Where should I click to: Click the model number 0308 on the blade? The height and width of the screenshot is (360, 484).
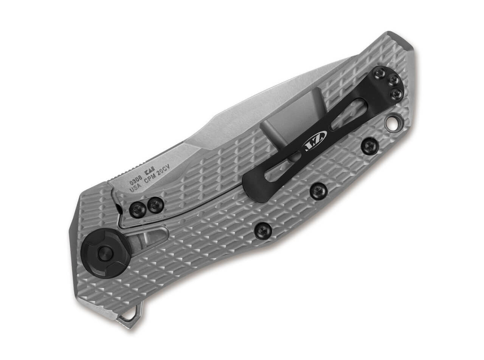coord(136,181)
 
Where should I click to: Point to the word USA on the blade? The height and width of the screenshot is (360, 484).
coord(136,188)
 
